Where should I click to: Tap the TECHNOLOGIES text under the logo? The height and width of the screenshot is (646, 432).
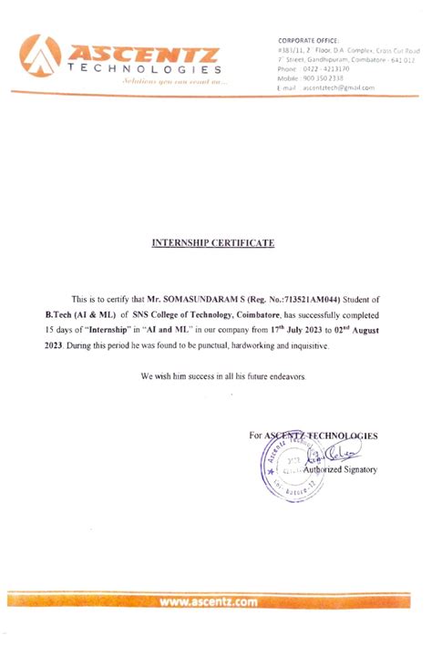click(x=143, y=69)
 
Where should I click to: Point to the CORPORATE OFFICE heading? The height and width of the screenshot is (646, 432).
click(x=308, y=41)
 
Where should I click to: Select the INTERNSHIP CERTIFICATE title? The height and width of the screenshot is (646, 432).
click(x=211, y=243)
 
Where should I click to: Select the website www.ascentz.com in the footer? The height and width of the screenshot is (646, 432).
click(x=208, y=601)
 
